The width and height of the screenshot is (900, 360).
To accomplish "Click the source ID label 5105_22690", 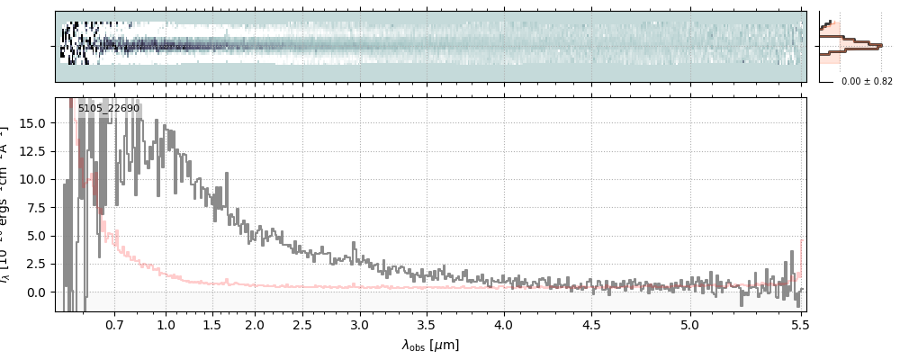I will [109, 109].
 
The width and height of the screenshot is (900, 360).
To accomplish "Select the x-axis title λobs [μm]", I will [430, 345].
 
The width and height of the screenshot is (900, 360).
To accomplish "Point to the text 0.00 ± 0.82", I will [867, 81].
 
